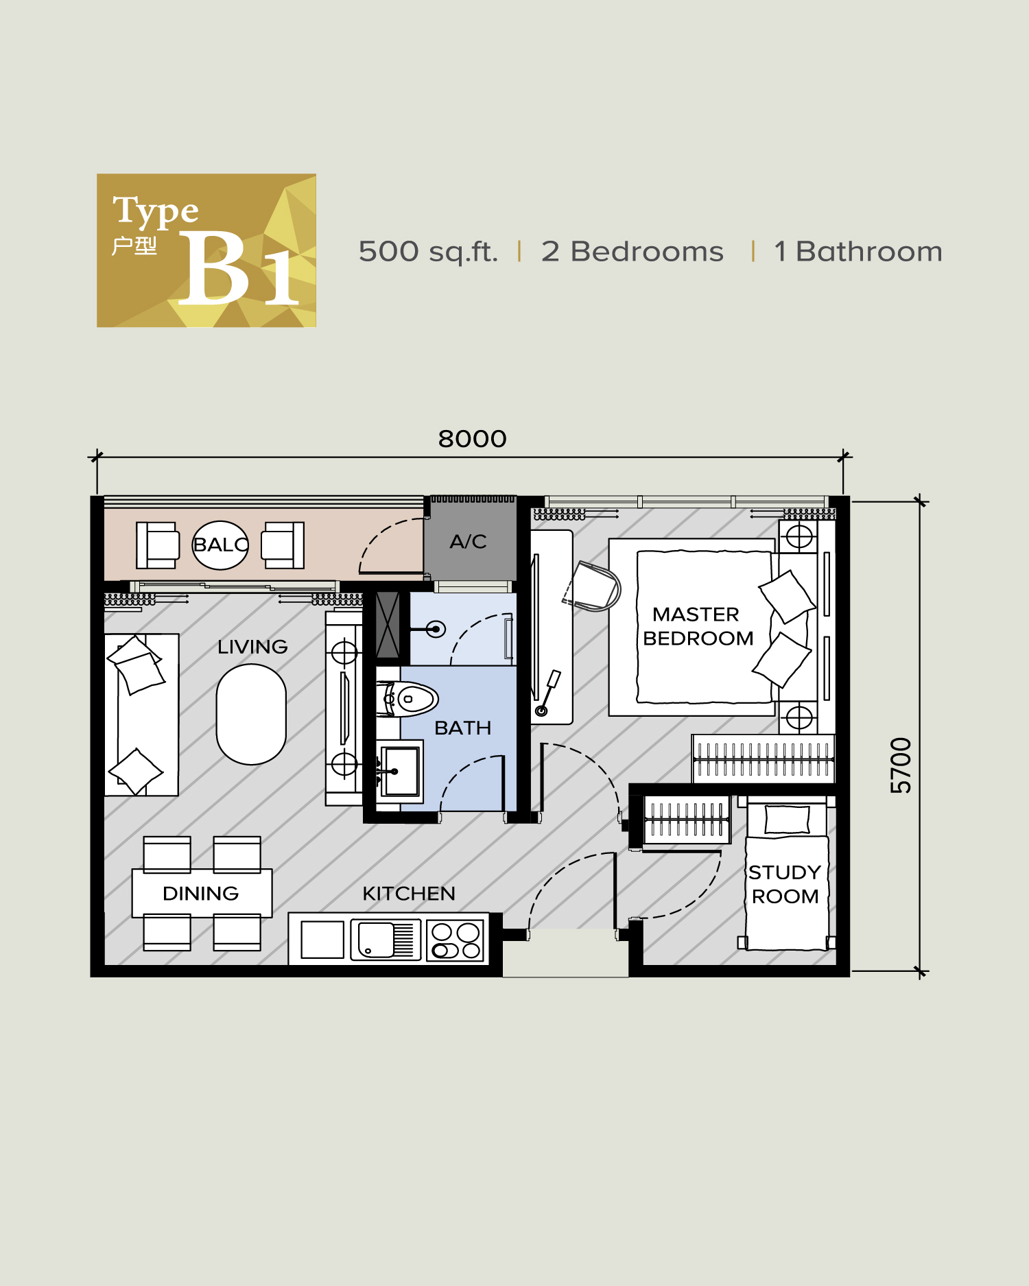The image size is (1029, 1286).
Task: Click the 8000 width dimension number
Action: (x=472, y=439)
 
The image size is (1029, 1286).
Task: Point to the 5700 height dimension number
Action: (x=901, y=765)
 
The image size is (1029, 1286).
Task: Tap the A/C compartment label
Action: (x=468, y=542)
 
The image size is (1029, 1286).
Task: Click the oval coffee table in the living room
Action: (x=251, y=714)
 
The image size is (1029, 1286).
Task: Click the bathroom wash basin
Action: (x=401, y=771)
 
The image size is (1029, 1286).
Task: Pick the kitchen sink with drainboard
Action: (x=383, y=940)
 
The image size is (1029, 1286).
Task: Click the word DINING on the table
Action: (x=200, y=894)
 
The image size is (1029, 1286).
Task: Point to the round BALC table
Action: (x=220, y=545)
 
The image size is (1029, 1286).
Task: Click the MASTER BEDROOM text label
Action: (x=698, y=626)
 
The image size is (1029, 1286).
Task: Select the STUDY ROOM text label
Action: (x=785, y=885)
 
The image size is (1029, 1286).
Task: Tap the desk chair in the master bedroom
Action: (x=593, y=586)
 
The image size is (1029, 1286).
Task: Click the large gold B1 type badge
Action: (x=206, y=250)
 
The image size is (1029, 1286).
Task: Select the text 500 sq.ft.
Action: (x=428, y=252)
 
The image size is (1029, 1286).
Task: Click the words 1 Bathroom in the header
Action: (x=858, y=252)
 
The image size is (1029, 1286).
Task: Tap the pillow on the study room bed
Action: (x=787, y=820)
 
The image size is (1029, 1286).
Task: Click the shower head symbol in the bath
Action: (x=435, y=628)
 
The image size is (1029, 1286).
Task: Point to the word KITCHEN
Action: (x=409, y=894)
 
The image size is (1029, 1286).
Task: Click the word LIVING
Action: (x=252, y=647)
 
